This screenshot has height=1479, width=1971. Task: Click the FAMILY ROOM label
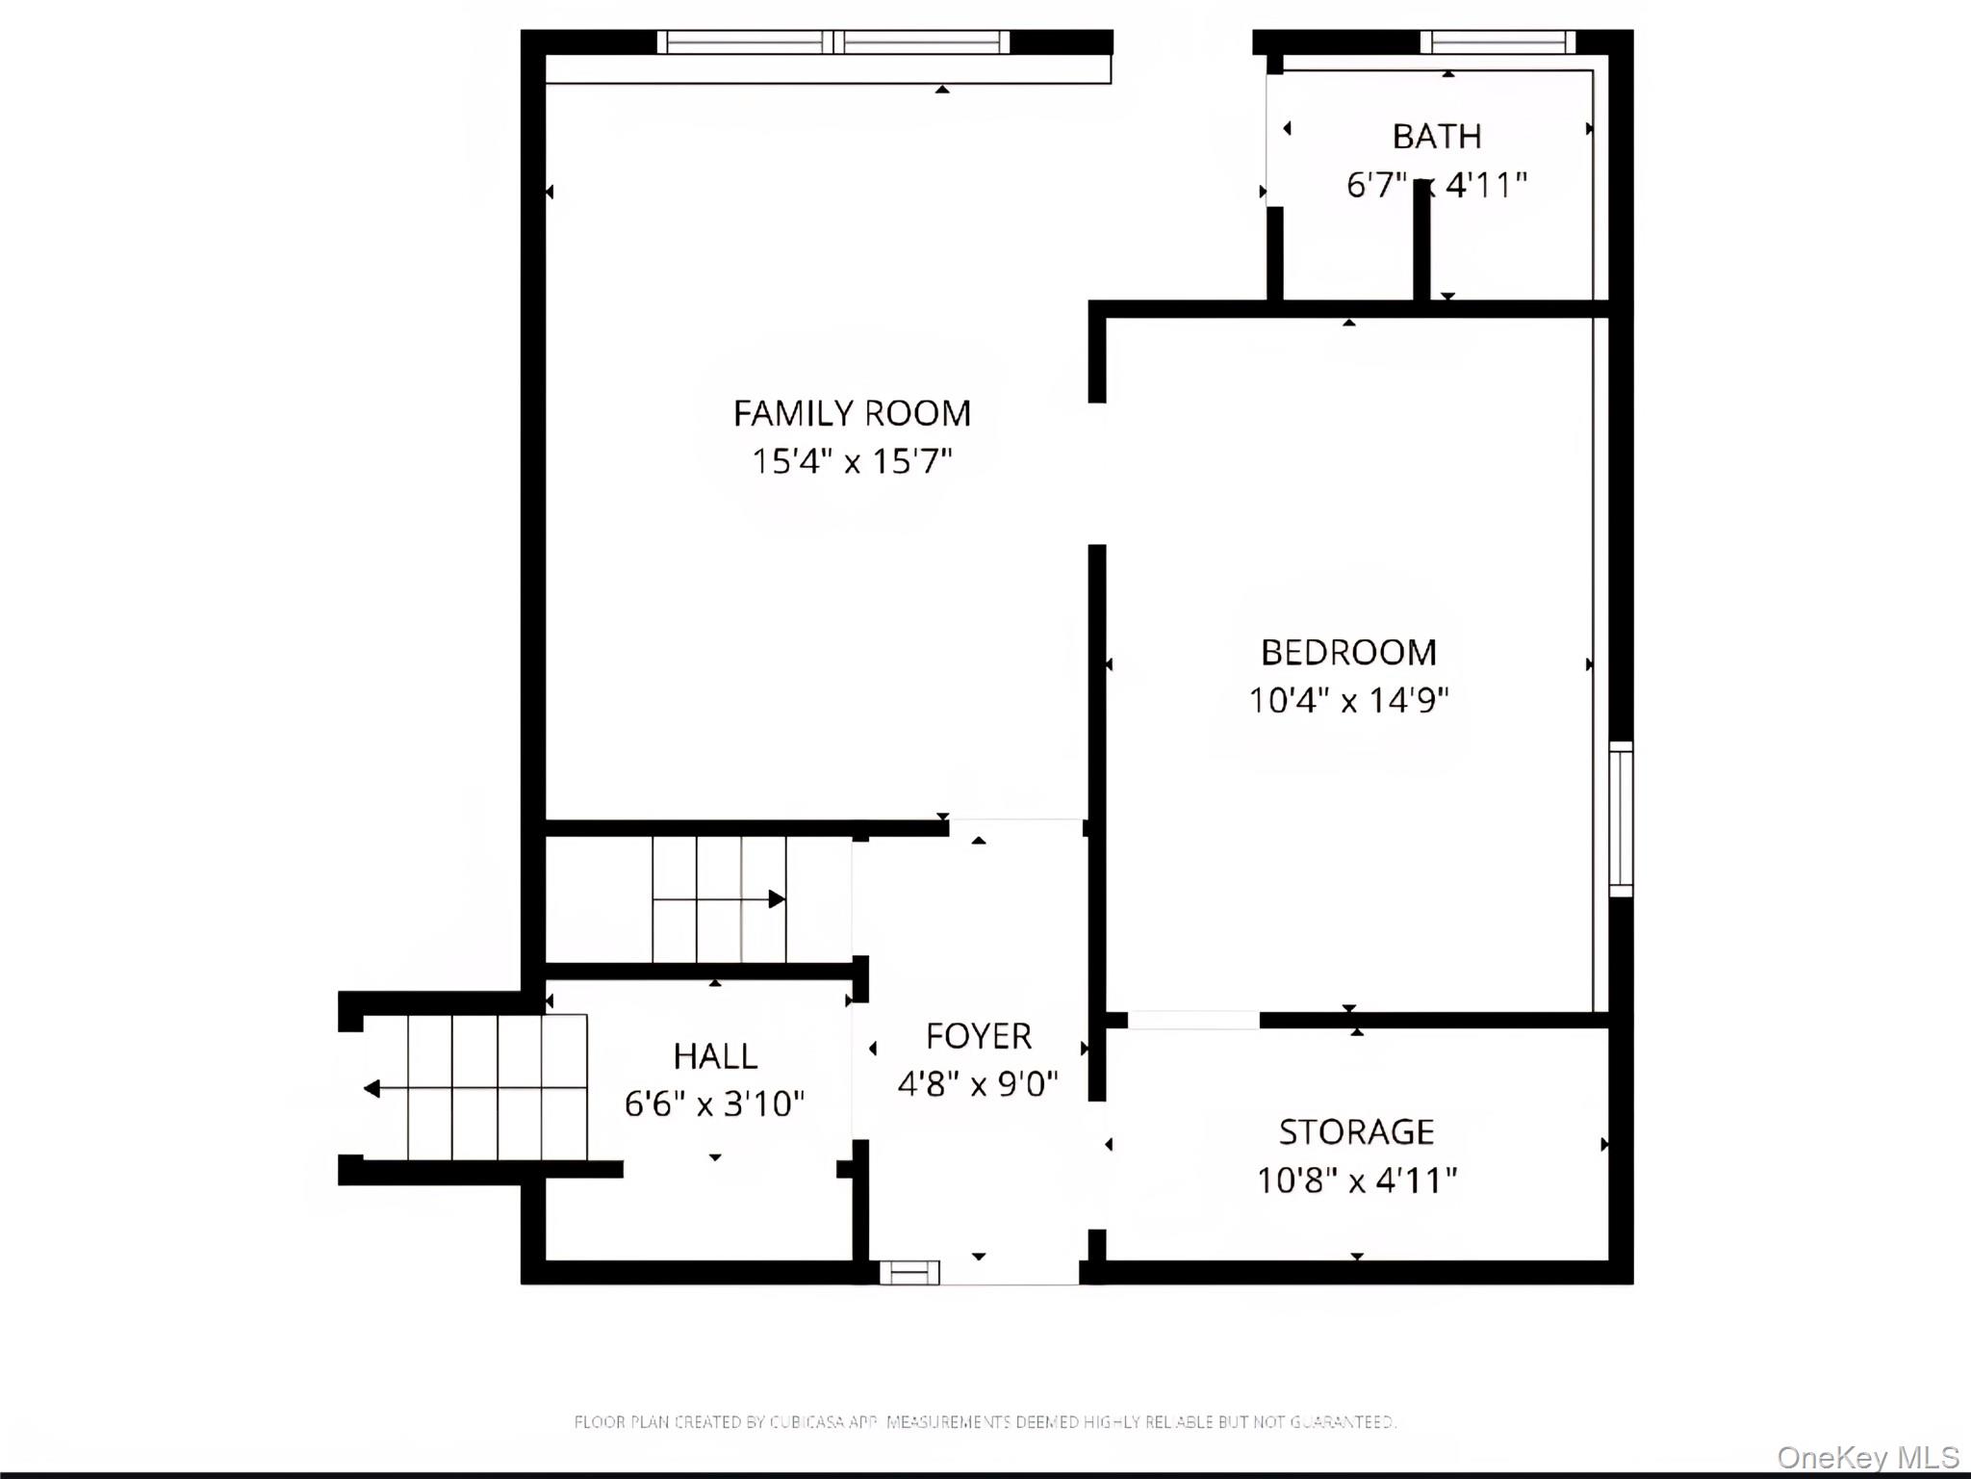[852, 413]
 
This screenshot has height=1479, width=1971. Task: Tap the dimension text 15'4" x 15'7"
[852, 461]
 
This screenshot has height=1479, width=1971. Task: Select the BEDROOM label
[1348, 653]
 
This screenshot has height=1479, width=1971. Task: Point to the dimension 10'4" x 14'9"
[1348, 700]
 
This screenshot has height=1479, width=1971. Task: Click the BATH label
[1436, 137]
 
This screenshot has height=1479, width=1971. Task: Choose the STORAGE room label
[1356, 1132]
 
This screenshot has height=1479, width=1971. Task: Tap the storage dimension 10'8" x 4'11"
[1356, 1181]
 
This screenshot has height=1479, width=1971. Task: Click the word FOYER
[978, 1037]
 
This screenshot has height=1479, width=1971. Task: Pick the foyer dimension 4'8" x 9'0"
[978, 1084]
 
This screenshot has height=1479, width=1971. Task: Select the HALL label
[715, 1056]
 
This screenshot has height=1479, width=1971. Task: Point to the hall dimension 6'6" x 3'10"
[715, 1103]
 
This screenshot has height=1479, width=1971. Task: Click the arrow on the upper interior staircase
[776, 899]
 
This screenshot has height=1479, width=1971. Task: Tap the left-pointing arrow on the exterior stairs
[372, 1089]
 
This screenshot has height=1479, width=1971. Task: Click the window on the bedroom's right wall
[1621, 819]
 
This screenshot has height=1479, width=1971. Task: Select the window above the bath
[1497, 41]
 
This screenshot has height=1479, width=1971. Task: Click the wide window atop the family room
[833, 41]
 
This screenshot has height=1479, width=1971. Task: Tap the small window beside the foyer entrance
[909, 1273]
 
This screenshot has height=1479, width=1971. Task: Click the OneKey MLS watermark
[1867, 1457]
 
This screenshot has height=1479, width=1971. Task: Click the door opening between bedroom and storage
[1193, 1020]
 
